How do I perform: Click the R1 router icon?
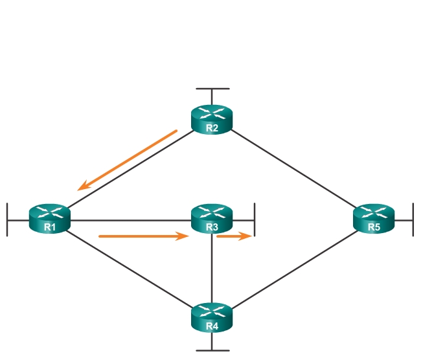[x=49, y=218]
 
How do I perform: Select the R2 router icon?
[x=212, y=118]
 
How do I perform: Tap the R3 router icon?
[x=212, y=218]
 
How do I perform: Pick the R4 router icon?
[x=212, y=317]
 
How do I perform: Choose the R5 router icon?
[x=374, y=218]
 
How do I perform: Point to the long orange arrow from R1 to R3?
[x=143, y=236]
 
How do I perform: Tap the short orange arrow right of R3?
[x=233, y=236]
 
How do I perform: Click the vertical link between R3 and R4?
[x=212, y=269]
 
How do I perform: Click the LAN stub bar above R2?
[x=212, y=88]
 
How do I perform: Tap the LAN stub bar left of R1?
[x=7, y=219]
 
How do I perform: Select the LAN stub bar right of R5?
[x=413, y=219]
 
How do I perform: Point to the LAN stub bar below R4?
[x=212, y=350]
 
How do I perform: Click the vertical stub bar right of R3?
[x=255, y=219]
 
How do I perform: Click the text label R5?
[x=374, y=227]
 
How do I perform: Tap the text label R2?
[x=212, y=128]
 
